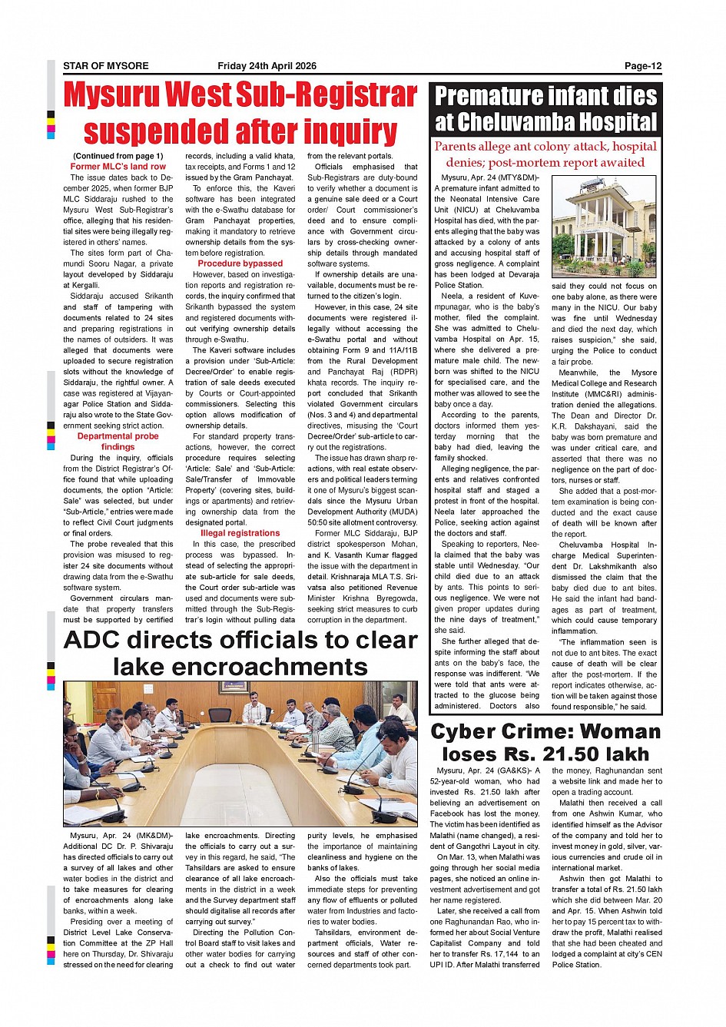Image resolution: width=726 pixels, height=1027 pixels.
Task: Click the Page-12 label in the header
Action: click(642, 66)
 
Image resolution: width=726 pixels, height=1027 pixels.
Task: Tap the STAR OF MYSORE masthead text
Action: click(105, 66)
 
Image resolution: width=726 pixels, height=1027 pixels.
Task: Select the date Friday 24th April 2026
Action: click(267, 66)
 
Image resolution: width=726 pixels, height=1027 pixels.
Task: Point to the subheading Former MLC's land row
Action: click(118, 166)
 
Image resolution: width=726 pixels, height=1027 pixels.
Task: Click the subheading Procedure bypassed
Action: click(240, 263)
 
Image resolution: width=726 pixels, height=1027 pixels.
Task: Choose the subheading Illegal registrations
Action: click(240, 533)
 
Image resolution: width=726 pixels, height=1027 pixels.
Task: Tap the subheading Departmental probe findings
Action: click(118, 441)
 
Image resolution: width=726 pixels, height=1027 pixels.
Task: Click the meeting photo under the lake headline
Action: click(240, 754)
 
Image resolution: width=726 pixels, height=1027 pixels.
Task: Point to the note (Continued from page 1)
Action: click(118, 156)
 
